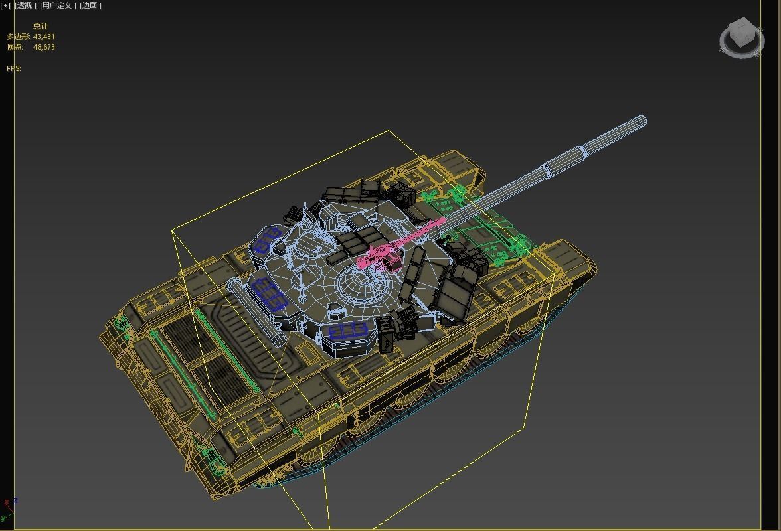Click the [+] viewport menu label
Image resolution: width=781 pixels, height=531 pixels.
(x=5, y=5)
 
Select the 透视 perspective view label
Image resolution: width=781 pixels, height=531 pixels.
(x=25, y=5)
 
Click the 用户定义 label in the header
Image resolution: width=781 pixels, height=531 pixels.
(x=58, y=5)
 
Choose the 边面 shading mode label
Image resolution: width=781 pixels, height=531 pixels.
(x=90, y=5)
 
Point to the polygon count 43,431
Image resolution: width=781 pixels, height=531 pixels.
(x=44, y=37)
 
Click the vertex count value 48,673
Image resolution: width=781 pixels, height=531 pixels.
(x=44, y=47)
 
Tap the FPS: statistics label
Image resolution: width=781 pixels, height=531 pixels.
(x=14, y=68)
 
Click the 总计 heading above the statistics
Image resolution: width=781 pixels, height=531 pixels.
(x=41, y=26)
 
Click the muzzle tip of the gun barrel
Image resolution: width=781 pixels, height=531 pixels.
(x=641, y=121)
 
